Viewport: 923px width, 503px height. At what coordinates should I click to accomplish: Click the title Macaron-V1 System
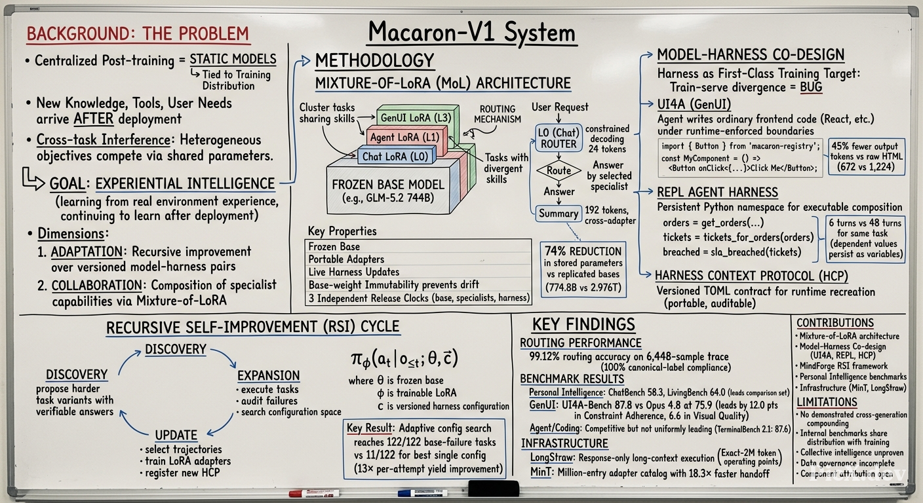pos(472,32)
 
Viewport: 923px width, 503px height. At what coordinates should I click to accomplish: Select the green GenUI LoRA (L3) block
pos(416,118)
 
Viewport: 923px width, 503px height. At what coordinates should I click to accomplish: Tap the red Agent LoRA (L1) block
pos(405,138)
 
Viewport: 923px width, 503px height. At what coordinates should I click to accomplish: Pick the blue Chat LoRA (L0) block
pos(395,157)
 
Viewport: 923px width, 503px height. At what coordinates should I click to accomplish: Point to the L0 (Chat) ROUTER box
pos(559,138)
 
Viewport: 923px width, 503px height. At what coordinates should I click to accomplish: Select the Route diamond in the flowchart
pos(559,170)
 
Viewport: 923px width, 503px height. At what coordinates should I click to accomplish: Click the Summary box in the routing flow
pos(559,214)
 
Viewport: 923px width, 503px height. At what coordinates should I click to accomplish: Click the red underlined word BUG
pos(811,87)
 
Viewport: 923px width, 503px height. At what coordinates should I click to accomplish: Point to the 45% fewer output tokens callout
pos(867,157)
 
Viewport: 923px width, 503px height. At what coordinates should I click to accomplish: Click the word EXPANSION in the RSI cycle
pos(269,375)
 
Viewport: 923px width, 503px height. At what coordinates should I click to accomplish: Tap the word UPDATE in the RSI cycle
pos(176,435)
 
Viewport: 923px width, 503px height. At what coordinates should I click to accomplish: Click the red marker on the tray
pos(314,493)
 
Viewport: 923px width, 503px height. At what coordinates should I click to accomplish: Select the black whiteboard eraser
pos(494,489)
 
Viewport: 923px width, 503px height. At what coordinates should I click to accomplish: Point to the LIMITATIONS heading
pos(827,401)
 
